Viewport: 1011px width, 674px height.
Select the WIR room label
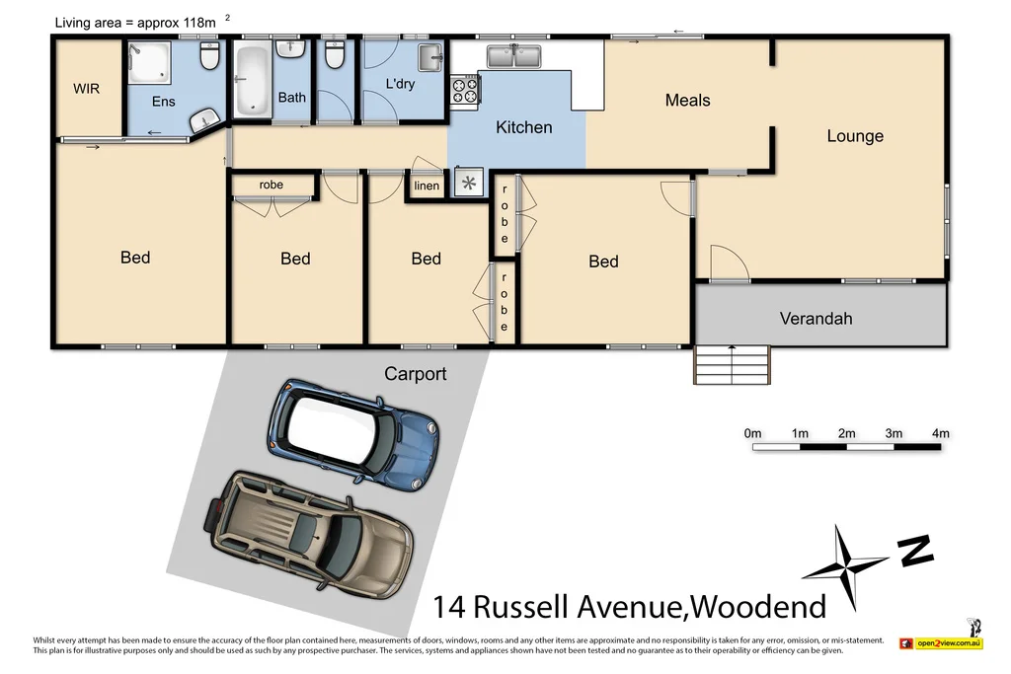pyautogui.click(x=87, y=88)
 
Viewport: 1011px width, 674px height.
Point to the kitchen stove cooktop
pyautogui.click(x=464, y=90)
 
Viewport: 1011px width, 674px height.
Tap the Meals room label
pyautogui.click(x=687, y=100)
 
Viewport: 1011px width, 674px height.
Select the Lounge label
pyautogui.click(x=855, y=136)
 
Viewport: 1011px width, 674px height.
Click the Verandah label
pyautogui.click(x=816, y=318)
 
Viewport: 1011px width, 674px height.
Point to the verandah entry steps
pyautogui.click(x=732, y=366)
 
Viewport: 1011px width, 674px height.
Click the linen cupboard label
pyautogui.click(x=427, y=186)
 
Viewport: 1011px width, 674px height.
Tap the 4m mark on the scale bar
pyautogui.click(x=940, y=433)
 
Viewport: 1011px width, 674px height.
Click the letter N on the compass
pyautogui.click(x=917, y=551)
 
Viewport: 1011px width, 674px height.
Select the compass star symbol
pyautogui.click(x=845, y=564)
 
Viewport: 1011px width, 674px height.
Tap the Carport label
pyautogui.click(x=415, y=374)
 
